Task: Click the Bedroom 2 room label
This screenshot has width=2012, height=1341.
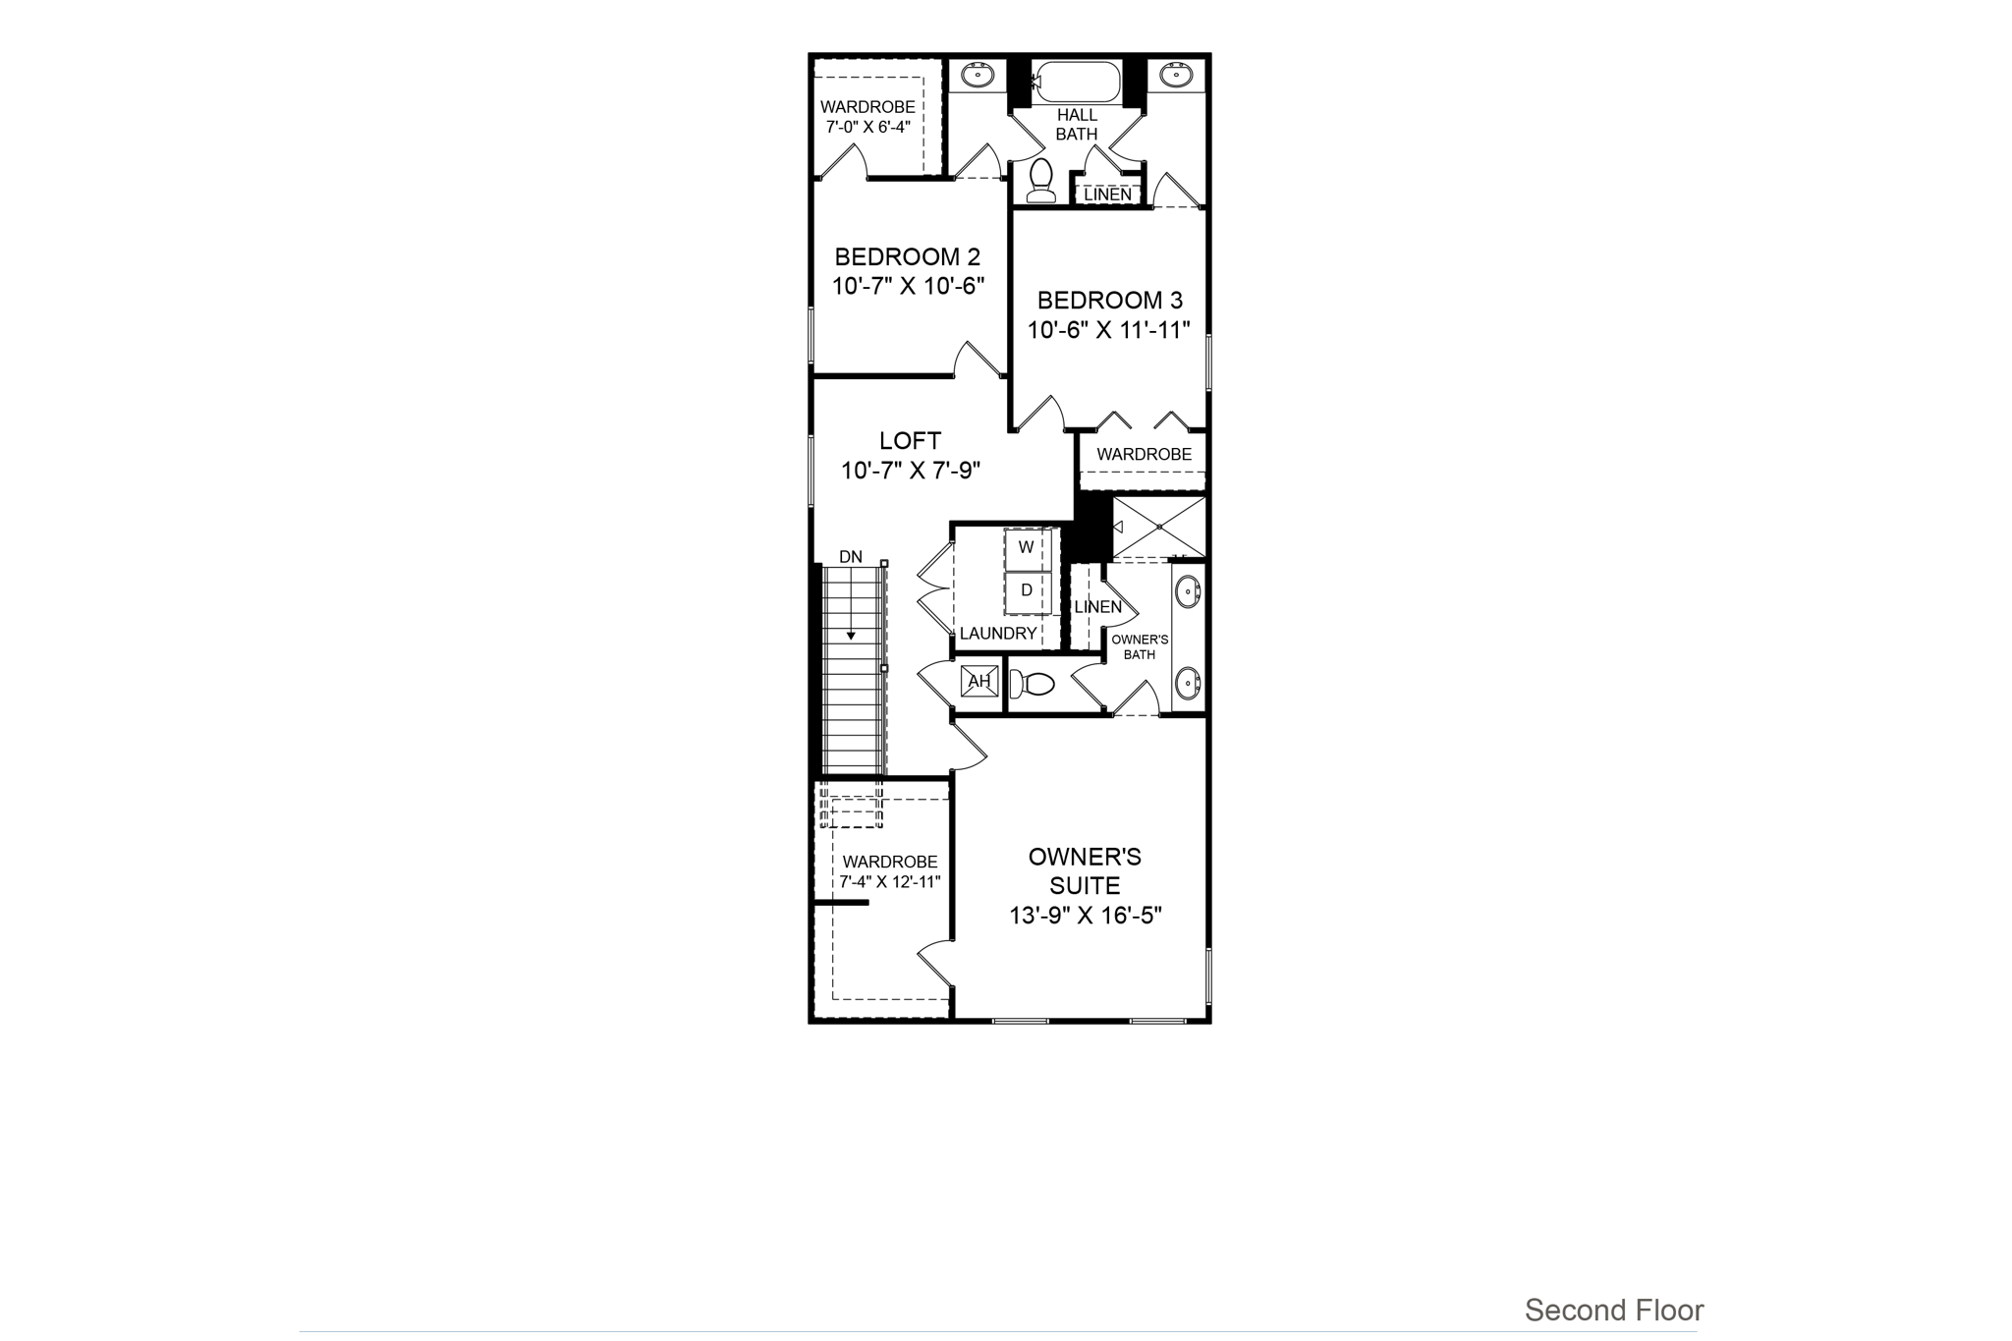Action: tap(907, 257)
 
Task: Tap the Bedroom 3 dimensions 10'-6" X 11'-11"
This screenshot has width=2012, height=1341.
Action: tap(1109, 330)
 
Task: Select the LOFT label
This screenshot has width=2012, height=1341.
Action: tap(910, 441)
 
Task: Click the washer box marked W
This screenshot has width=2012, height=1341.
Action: tap(1027, 548)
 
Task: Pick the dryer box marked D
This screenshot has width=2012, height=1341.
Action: tap(1027, 590)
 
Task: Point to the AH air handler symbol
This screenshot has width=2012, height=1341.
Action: tap(979, 681)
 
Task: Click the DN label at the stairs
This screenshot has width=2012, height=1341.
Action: tap(851, 557)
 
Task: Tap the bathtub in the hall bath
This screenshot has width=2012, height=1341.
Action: tap(1078, 82)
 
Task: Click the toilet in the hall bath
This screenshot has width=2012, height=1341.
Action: tap(1040, 181)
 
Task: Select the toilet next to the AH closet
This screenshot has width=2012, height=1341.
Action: tap(1034, 683)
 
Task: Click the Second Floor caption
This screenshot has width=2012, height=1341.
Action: tap(1614, 1310)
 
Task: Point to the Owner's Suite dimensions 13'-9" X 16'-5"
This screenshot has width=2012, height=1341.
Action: tap(1086, 916)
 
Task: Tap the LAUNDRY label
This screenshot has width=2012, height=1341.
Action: tap(998, 634)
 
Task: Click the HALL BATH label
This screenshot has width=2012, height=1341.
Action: tap(1077, 125)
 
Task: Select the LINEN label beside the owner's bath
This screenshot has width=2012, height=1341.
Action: tap(1097, 607)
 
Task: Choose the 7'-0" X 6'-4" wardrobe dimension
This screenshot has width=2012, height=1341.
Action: tap(868, 127)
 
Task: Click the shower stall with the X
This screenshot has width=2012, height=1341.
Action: tap(1159, 527)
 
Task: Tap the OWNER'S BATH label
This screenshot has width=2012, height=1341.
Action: tap(1140, 646)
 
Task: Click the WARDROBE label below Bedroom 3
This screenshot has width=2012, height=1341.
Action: tap(1145, 455)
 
